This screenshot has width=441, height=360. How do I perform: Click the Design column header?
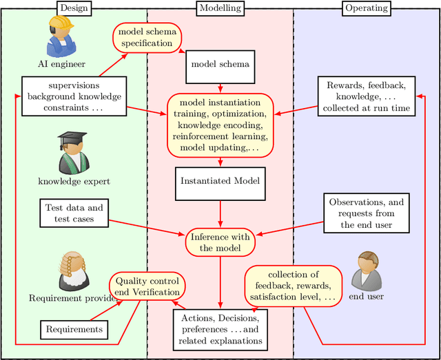(74, 8)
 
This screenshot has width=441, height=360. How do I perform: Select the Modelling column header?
(220, 8)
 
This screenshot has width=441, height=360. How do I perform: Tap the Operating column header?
(366, 8)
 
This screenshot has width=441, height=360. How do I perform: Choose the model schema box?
(220, 65)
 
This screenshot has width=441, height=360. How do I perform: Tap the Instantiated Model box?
(220, 182)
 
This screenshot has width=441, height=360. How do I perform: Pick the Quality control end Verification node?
(147, 287)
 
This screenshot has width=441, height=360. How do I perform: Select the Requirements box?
(73, 329)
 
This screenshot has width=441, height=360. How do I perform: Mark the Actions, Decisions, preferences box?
(220, 328)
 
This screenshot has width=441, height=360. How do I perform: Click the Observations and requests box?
(366, 213)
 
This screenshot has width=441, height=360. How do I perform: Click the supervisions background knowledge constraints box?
(73, 96)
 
